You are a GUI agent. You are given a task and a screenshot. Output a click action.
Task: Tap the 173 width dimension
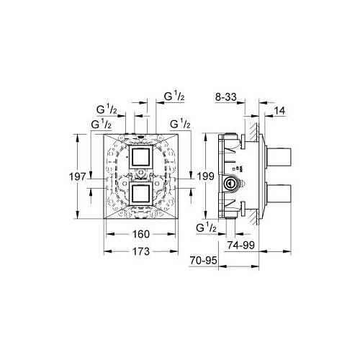pyautogui.click(x=141, y=251)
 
